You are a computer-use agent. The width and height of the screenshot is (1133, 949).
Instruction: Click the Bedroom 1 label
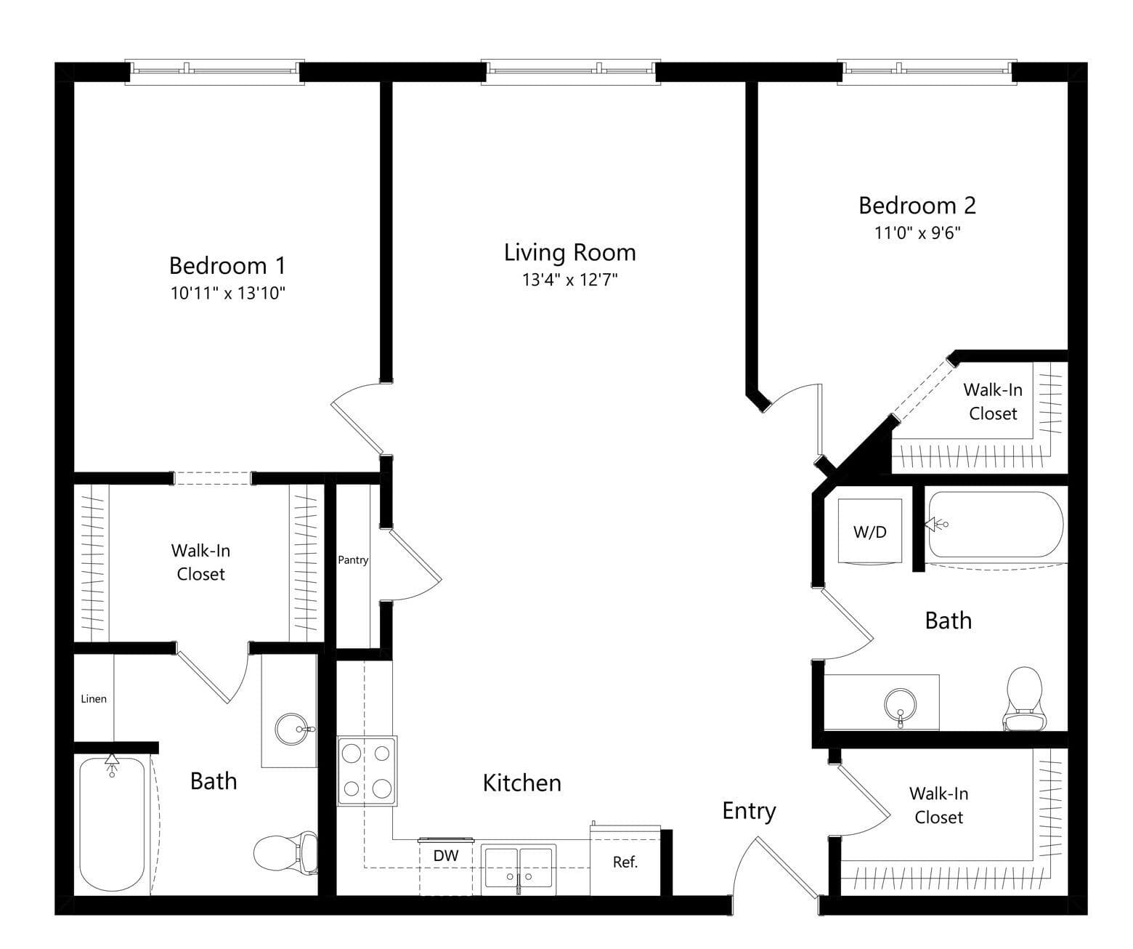pyautogui.click(x=227, y=265)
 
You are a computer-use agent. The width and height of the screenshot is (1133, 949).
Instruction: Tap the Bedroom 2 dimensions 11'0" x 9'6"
pyautogui.click(x=917, y=233)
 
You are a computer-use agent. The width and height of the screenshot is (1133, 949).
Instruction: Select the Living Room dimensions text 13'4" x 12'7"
pyautogui.click(x=569, y=280)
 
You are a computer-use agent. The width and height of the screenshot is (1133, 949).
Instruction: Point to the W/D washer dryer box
pyautogui.click(x=870, y=531)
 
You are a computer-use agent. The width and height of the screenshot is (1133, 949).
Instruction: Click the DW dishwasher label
pyautogui.click(x=445, y=855)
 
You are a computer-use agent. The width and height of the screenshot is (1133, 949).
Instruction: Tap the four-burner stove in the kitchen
pyautogui.click(x=367, y=770)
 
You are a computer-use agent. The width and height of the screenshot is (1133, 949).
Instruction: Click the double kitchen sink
pyautogui.click(x=519, y=868)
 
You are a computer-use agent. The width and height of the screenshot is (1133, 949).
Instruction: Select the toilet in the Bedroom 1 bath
pyautogui.click(x=285, y=852)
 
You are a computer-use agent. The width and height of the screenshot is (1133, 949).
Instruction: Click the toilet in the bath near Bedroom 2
pyautogui.click(x=1024, y=699)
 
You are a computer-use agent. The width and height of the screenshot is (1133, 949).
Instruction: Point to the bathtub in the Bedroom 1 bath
pyautogui.click(x=113, y=823)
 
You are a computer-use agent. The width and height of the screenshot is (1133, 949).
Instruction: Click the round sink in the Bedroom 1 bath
pyautogui.click(x=292, y=729)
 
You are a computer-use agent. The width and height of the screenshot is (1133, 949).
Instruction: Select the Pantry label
pyautogui.click(x=353, y=560)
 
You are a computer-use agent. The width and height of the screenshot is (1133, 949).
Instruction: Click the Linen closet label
pyautogui.click(x=94, y=699)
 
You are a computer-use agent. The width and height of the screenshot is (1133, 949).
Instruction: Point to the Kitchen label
pyautogui.click(x=522, y=783)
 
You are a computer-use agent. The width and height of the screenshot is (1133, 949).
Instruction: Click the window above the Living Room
pyautogui.click(x=571, y=72)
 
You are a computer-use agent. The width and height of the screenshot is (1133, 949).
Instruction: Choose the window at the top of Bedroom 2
pyautogui.click(x=927, y=72)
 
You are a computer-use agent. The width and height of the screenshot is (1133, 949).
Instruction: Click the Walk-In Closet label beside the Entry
pyautogui.click(x=939, y=805)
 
